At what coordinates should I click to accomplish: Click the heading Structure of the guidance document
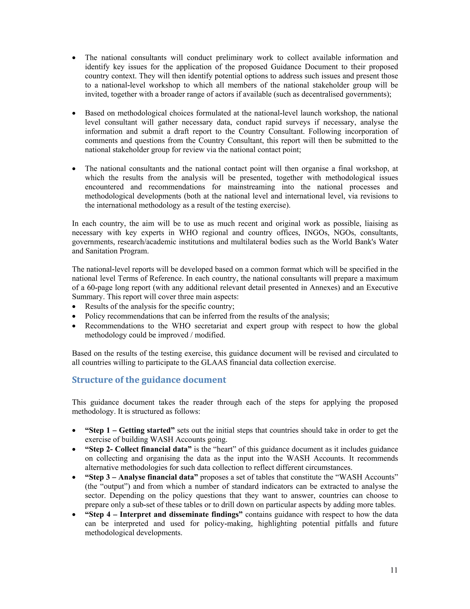click(x=149, y=380)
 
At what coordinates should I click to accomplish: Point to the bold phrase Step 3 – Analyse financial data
click(x=141, y=477)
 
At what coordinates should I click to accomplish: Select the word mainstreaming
click(x=251, y=187)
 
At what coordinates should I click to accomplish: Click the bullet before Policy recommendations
click(x=74, y=316)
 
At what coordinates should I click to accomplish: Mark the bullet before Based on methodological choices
click(x=74, y=114)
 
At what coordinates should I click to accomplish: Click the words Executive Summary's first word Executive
click(x=382, y=287)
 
